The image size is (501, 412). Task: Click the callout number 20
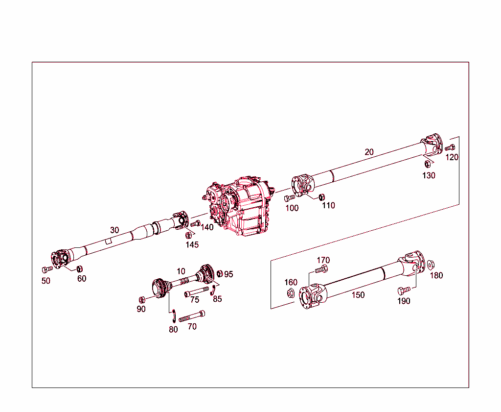pos(369,152)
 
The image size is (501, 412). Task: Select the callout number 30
pos(114,230)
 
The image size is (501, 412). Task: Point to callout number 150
pos(358,295)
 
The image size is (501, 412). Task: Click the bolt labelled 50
pos(47,269)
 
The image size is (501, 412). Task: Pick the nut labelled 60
pos(80,268)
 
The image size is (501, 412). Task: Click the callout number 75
pos(195,300)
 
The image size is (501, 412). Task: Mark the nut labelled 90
pos(142,299)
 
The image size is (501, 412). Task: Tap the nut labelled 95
pos(220,273)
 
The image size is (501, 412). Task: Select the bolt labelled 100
pos(289,198)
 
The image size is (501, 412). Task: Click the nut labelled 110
pos(321,197)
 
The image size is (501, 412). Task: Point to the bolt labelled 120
pos(450,147)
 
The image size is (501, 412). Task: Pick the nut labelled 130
pos(427,164)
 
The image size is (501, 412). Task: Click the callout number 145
pos(192,244)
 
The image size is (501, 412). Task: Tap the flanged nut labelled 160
pos(290,293)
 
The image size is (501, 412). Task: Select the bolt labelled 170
pos(321,269)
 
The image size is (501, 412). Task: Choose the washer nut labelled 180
pos(431,265)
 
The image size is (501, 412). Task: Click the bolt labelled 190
pos(404,290)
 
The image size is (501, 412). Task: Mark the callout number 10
pos(181,271)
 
